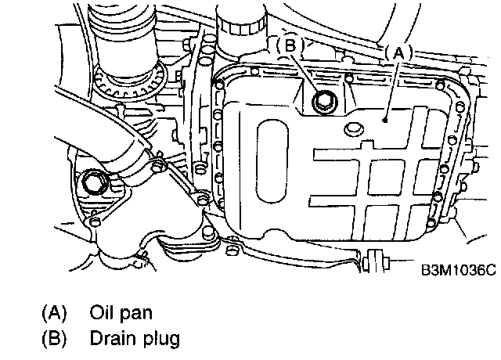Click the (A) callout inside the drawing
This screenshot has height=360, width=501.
pyautogui.click(x=396, y=53)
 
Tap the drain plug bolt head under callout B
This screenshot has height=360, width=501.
pyautogui.click(x=321, y=99)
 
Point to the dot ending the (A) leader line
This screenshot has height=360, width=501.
pyautogui.click(x=385, y=119)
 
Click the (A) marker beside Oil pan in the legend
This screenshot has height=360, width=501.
pyautogui.click(x=53, y=313)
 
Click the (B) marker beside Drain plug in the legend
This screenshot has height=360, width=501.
pyautogui.click(x=53, y=339)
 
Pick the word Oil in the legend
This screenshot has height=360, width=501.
pyautogui.click(x=102, y=313)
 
